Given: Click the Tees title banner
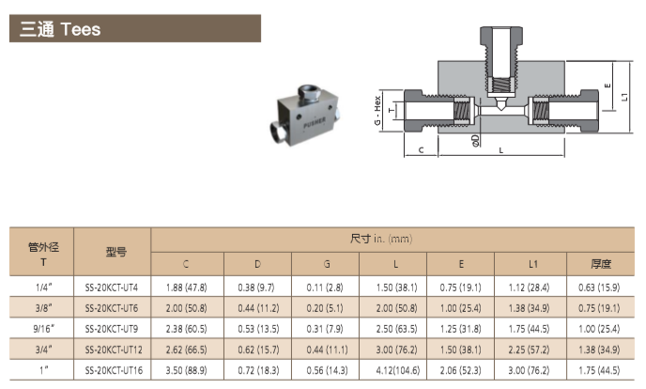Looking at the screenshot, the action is pyautogui.click(x=135, y=28).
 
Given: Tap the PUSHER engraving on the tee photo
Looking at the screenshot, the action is pyautogui.click(x=315, y=123).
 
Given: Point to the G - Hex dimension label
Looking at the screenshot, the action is pyautogui.click(x=377, y=111).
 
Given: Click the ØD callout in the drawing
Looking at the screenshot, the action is pyautogui.click(x=475, y=141).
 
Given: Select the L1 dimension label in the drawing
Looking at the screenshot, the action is pyautogui.click(x=624, y=98).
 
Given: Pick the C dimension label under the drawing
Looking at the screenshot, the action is pyautogui.click(x=421, y=150).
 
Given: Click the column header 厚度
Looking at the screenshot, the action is pyautogui.click(x=600, y=264).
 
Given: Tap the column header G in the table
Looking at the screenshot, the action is pyautogui.click(x=327, y=264).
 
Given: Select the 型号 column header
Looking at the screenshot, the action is pyautogui.click(x=115, y=252).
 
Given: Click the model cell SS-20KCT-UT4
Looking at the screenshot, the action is pyautogui.click(x=111, y=288).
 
